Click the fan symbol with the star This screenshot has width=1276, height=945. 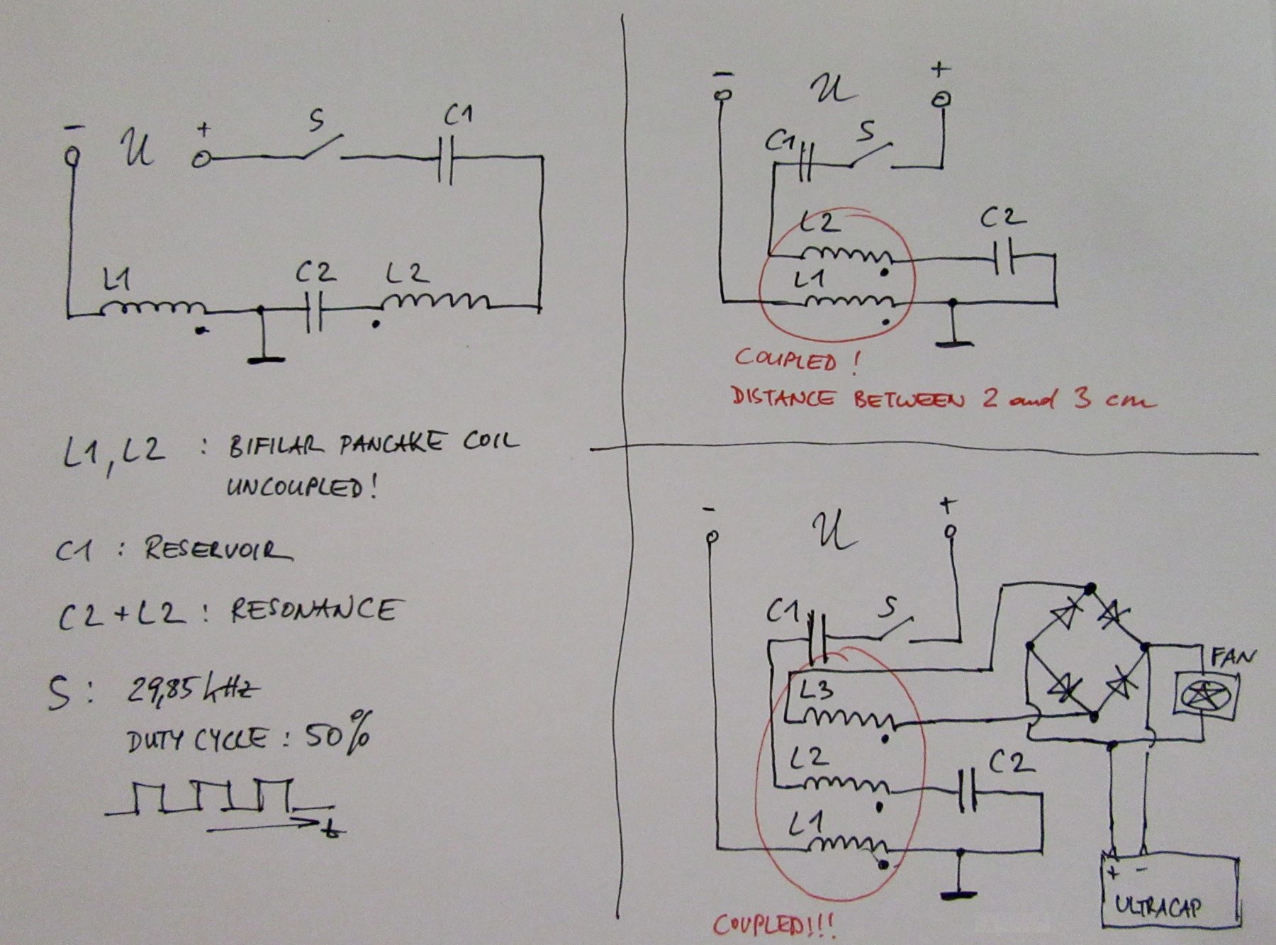(1208, 695)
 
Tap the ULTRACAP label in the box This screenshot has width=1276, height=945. (1157, 907)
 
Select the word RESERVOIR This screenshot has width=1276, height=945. (218, 549)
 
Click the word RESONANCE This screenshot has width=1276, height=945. (313, 610)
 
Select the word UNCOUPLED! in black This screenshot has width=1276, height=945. (301, 488)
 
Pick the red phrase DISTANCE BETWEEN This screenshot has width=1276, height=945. (848, 398)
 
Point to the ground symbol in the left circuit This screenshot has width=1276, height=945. (264, 358)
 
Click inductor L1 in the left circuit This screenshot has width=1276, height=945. (152, 308)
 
